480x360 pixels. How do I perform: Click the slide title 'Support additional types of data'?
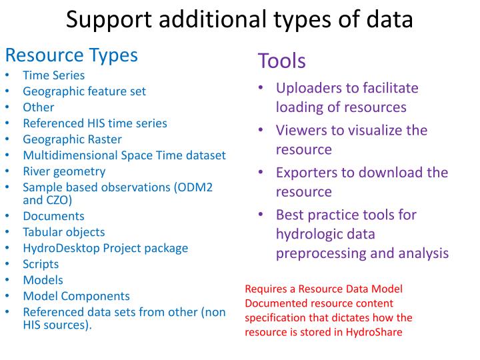(x=239, y=19)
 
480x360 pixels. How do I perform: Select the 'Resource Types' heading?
(x=71, y=55)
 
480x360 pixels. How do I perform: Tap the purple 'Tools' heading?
(x=281, y=61)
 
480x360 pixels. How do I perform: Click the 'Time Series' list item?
(x=53, y=75)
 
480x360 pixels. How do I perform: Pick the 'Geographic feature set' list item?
(x=84, y=91)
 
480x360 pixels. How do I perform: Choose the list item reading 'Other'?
(x=38, y=107)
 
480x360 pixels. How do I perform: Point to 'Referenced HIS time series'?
(x=95, y=123)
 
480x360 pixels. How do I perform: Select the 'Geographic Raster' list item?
(x=72, y=139)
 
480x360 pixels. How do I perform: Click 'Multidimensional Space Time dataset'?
(x=124, y=155)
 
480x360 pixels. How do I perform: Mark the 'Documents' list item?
(x=53, y=216)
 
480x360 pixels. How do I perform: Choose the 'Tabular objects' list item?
(x=63, y=232)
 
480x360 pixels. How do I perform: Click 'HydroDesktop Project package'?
(x=105, y=248)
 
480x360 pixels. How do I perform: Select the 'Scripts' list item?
(x=41, y=264)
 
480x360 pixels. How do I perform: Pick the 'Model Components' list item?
(x=76, y=296)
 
